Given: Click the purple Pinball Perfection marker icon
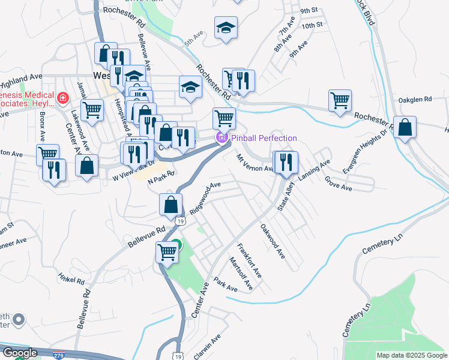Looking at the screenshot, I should coord(221,138).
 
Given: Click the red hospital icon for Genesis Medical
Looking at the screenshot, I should coord(62,97).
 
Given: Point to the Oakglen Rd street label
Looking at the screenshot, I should coord(415,99).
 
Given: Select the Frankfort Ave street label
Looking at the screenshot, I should coord(249,260).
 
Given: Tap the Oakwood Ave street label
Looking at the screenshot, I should coord(272,241).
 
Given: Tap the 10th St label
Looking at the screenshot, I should coord(312,25).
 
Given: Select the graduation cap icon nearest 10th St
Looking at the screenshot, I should coord(225,28).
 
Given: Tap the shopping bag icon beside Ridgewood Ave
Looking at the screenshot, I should coord(171,204).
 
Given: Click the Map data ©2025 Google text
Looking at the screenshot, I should coord(411,355).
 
